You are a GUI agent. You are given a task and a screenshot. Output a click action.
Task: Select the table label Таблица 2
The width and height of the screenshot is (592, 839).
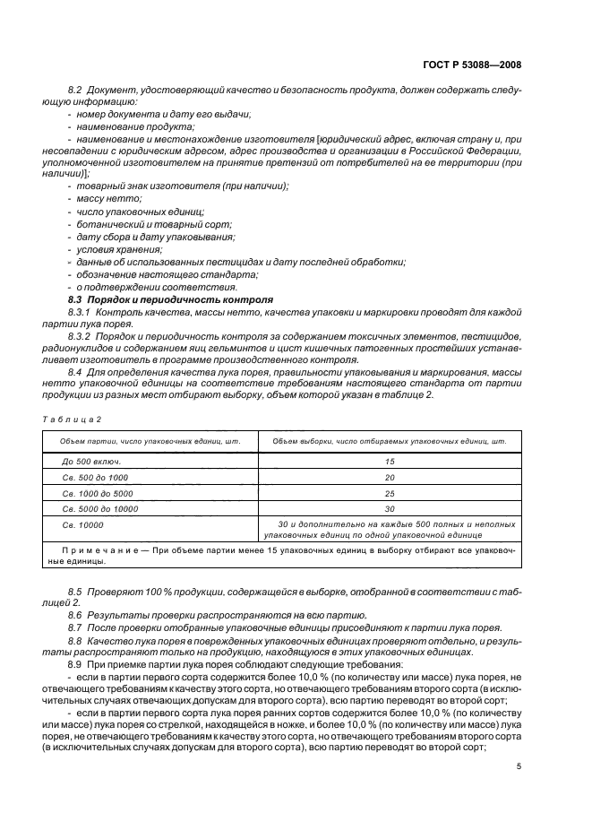(x=73, y=419)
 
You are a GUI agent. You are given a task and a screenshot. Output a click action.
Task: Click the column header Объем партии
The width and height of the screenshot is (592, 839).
(x=149, y=442)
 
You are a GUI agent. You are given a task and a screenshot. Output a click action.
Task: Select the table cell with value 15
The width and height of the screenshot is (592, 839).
(x=388, y=461)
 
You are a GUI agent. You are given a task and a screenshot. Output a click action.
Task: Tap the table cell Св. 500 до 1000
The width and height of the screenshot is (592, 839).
(x=98, y=477)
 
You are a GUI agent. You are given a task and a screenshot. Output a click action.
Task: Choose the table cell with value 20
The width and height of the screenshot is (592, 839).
(x=388, y=477)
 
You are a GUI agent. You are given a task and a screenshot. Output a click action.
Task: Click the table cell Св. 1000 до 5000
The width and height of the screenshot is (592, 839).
(x=100, y=493)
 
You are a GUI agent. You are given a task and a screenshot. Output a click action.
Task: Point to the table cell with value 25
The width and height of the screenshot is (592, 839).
(x=388, y=493)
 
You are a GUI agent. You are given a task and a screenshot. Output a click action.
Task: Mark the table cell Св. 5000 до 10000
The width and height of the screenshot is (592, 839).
(x=103, y=508)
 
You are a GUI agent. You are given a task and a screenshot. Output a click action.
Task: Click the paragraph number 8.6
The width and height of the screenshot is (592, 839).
(x=75, y=615)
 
